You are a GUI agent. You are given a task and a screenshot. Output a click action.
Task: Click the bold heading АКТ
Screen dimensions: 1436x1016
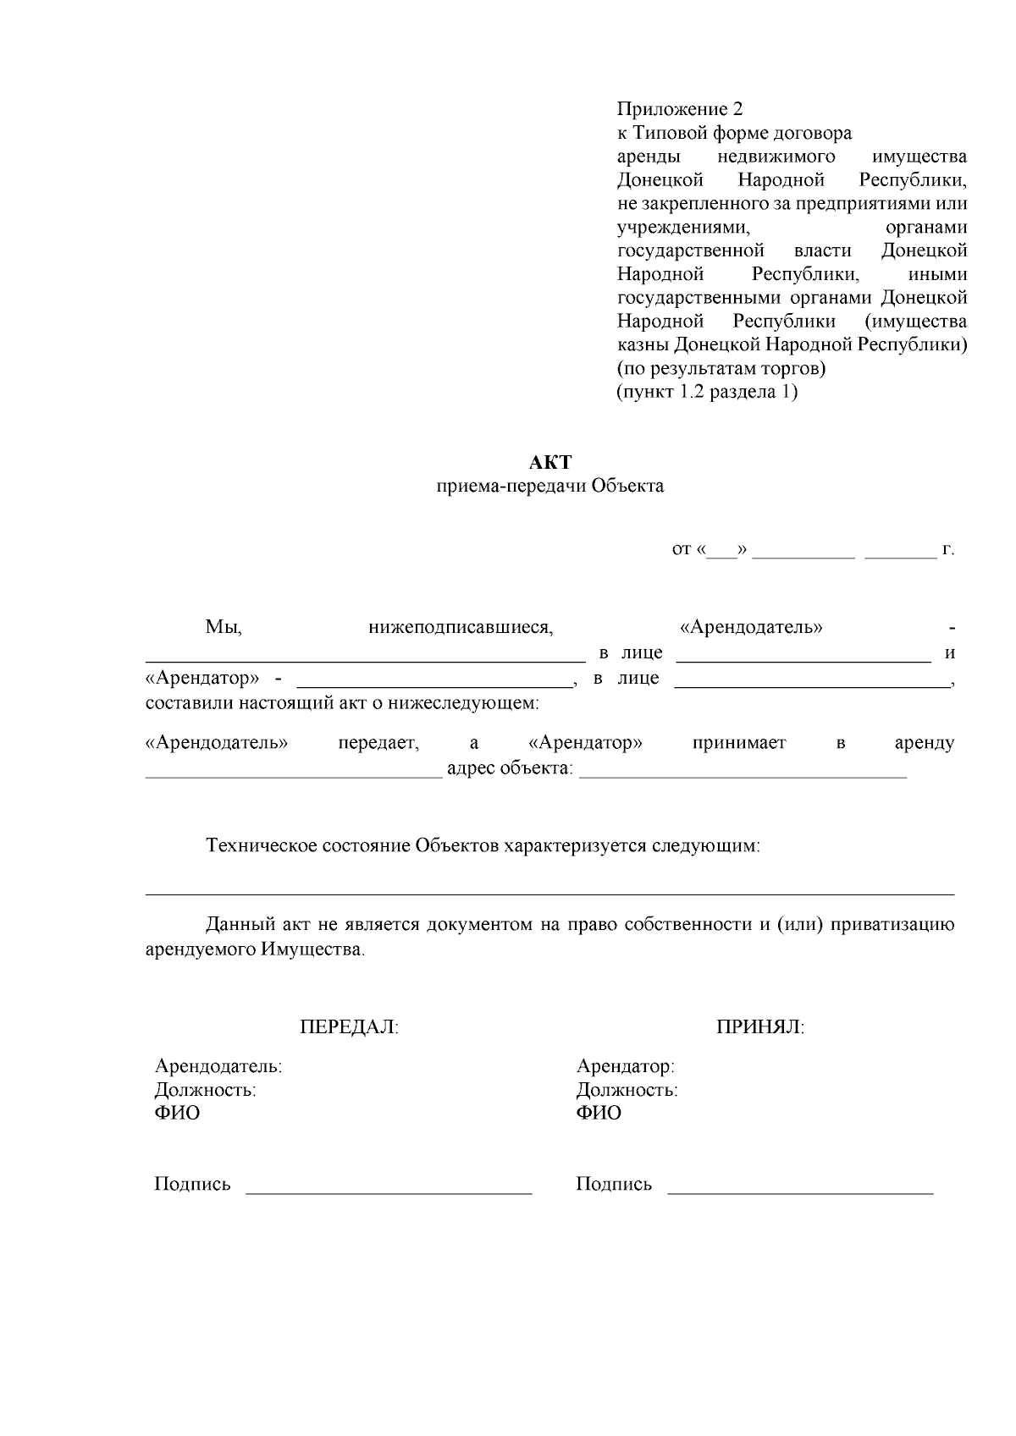point(550,463)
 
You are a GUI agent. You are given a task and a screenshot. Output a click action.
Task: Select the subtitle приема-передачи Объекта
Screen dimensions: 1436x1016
point(550,487)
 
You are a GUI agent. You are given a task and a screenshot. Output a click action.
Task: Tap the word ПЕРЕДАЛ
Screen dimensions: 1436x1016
point(349,1027)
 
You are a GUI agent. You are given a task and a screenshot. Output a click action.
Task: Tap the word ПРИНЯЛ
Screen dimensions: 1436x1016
point(760,1027)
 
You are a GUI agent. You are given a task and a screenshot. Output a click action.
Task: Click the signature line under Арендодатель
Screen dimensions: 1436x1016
point(389,1192)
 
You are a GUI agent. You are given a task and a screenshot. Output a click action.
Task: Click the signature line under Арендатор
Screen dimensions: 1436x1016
point(800,1192)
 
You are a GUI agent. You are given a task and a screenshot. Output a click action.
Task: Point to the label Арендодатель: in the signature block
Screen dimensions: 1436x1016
point(218,1066)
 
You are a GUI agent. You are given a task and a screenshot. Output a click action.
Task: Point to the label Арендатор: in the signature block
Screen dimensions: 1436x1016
point(625,1066)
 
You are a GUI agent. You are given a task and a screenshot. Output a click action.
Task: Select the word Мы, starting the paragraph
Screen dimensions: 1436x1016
point(224,628)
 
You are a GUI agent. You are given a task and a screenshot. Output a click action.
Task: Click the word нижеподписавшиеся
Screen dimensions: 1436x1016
point(461,628)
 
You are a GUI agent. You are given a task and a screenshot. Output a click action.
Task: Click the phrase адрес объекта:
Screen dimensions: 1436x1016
point(510,769)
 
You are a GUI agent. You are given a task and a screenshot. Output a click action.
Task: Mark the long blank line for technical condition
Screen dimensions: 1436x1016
point(550,893)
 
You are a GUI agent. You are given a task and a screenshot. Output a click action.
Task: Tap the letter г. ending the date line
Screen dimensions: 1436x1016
point(948,550)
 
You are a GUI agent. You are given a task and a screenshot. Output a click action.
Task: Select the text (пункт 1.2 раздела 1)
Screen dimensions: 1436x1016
point(707,393)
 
